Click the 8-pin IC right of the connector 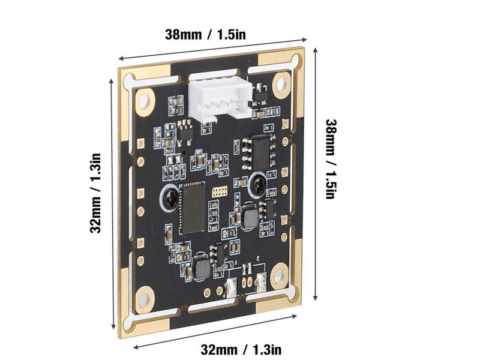(x=262, y=151)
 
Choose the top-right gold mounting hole (x=281, y=85)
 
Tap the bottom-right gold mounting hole (x=278, y=277)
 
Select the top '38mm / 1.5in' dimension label (x=206, y=34)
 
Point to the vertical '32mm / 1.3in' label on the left (x=97, y=192)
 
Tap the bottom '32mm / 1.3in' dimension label (x=241, y=349)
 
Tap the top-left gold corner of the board (x=127, y=75)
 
